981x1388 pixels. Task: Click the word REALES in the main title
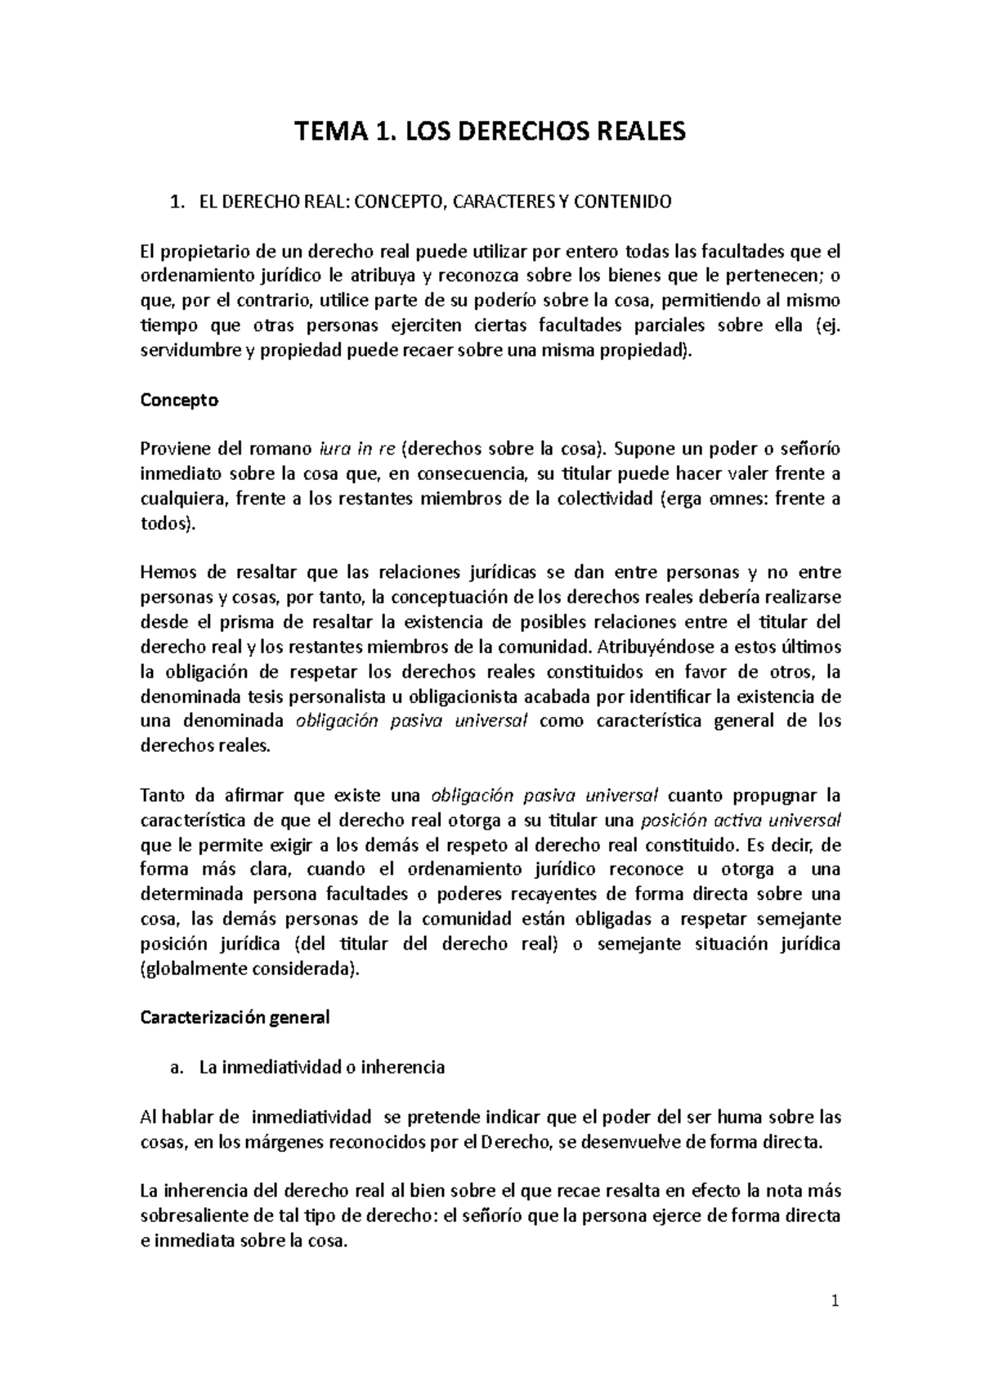(x=636, y=131)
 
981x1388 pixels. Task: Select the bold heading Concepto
(x=179, y=401)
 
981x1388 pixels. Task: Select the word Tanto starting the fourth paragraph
(x=163, y=795)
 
